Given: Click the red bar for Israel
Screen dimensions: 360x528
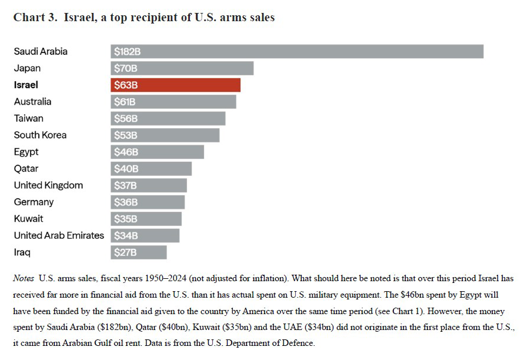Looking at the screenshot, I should coord(175,85).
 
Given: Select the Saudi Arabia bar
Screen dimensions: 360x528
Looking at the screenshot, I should coord(297,52).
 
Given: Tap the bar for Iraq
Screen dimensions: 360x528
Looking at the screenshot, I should coord(139,252).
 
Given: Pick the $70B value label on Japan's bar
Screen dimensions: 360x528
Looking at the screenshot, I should coord(125,68).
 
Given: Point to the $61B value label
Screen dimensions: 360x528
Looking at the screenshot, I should coord(125,102).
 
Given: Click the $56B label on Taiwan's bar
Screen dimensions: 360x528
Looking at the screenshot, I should coord(125,119).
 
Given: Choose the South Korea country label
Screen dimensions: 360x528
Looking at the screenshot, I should coord(40,135).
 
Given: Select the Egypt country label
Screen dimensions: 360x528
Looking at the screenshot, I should coord(26,152).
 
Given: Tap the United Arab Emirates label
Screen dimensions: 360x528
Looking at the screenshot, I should coord(59,235).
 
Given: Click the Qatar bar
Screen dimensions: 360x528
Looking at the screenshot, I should coord(151,169).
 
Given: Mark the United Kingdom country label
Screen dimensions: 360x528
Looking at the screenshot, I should coord(48,185).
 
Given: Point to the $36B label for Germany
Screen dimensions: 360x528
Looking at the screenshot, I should coord(125,202).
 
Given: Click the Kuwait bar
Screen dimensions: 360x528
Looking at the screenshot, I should coord(146,219).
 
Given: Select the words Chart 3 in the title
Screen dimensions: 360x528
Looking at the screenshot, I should coord(35,18).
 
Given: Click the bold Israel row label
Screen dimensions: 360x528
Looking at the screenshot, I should coord(26,85).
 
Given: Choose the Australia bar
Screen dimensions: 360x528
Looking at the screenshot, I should coord(173,102).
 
